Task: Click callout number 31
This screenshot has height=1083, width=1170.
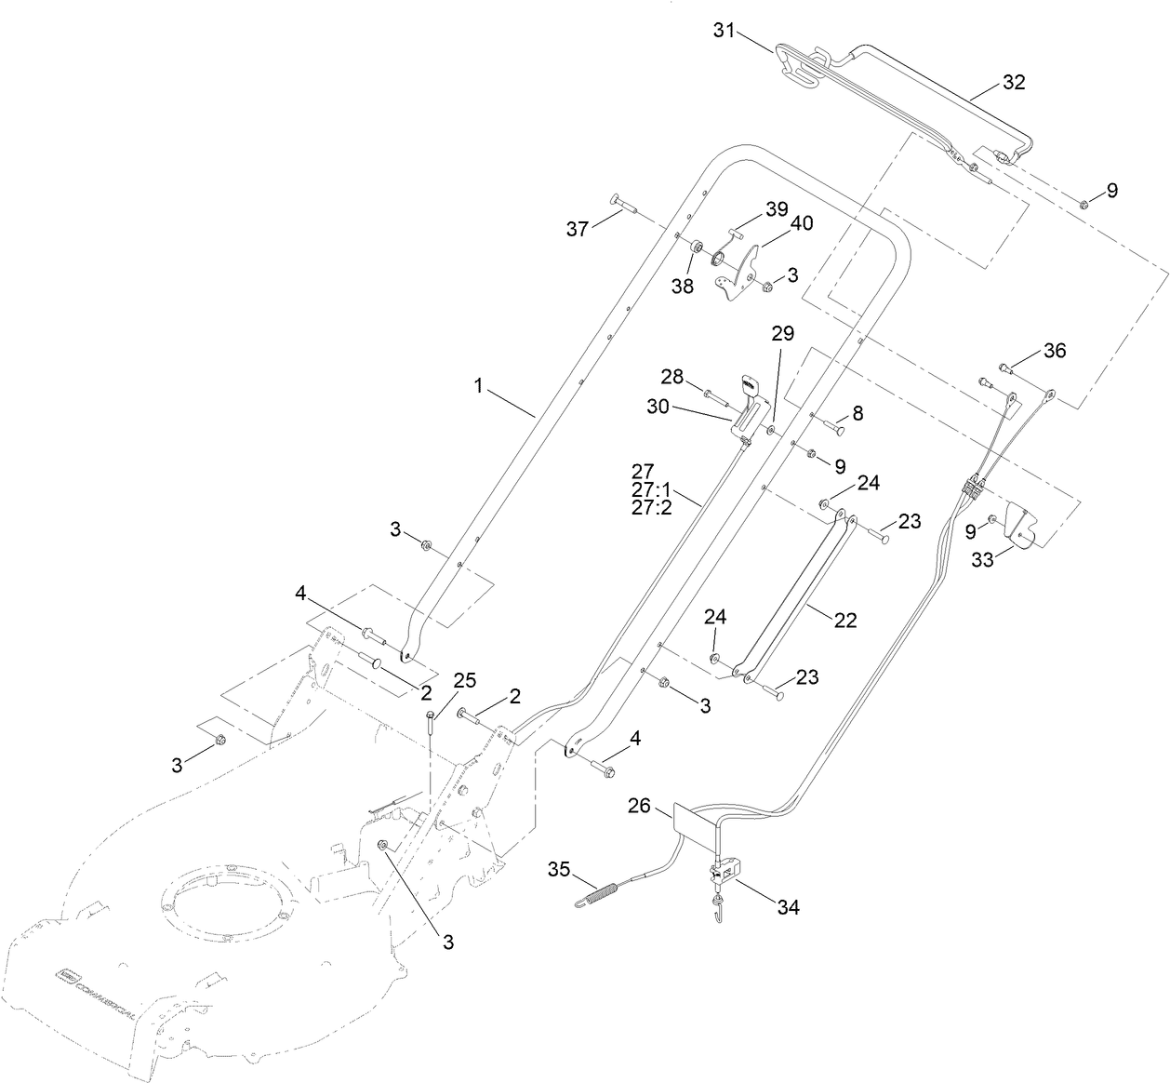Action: click(x=725, y=31)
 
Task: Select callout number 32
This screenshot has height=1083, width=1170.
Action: click(x=1013, y=82)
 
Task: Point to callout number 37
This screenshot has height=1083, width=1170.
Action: click(x=578, y=229)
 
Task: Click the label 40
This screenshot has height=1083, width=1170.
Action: click(x=802, y=223)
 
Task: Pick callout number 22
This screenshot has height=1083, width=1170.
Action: click(x=844, y=620)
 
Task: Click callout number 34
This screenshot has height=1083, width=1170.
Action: click(x=787, y=906)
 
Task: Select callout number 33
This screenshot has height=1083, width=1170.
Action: click(x=983, y=560)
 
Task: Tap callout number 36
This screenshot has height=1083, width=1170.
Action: click(x=1054, y=351)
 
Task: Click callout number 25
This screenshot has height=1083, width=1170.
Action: click(x=464, y=681)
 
